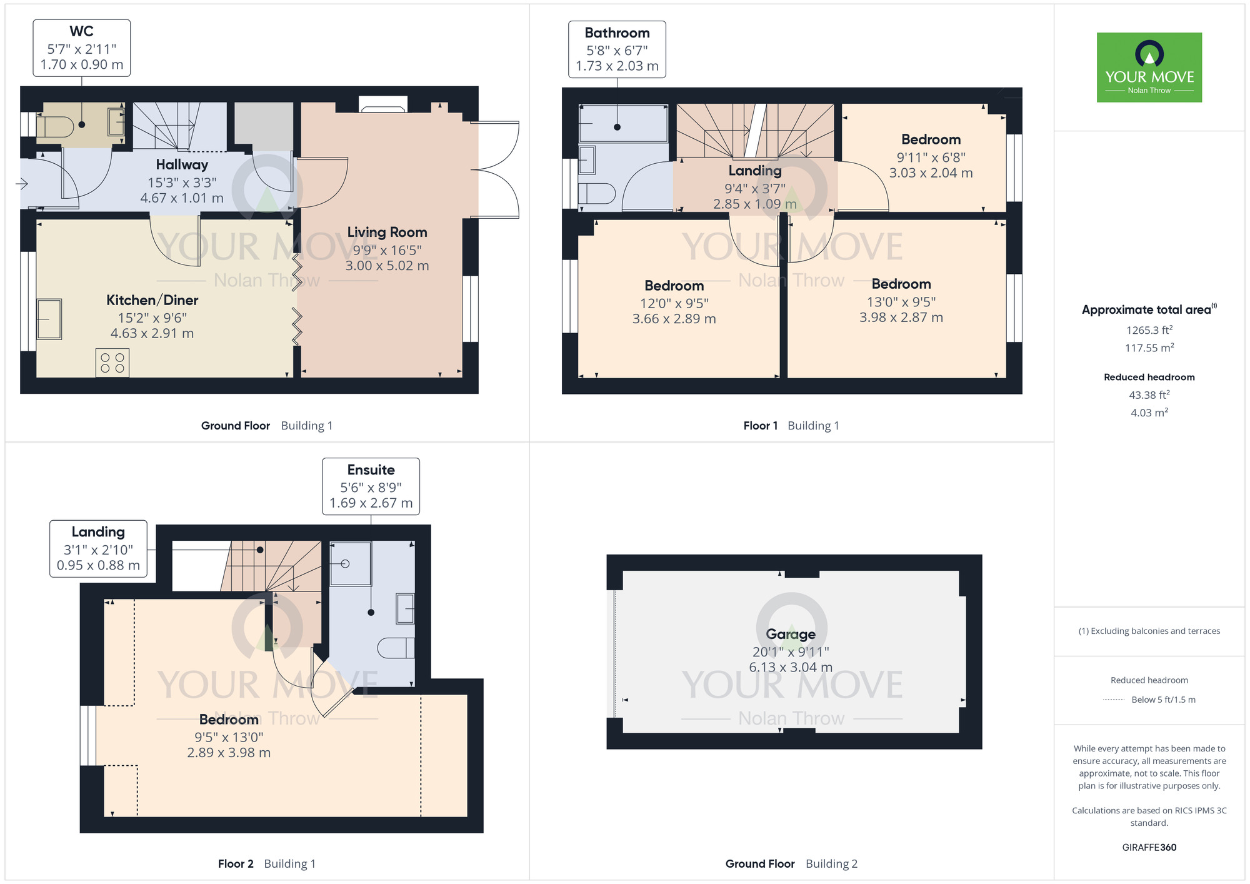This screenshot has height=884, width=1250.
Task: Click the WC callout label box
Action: coord(82,48)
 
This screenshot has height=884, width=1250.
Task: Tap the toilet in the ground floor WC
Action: coord(56,126)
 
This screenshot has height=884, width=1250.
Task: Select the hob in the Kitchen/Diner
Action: coord(112,363)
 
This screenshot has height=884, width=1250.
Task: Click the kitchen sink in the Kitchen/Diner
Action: coord(49,319)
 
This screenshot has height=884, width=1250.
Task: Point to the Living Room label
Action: coord(387,232)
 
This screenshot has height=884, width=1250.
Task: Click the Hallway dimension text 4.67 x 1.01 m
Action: coord(182,198)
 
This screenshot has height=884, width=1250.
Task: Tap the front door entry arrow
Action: coord(22,184)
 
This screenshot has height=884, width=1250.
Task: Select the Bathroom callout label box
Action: coord(617,49)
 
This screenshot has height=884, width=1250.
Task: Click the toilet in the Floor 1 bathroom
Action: coord(597,193)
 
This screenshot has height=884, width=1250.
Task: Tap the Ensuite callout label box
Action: coord(371,486)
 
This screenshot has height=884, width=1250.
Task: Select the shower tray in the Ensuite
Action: coord(351,564)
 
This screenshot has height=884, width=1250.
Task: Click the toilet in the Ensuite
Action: coord(396,648)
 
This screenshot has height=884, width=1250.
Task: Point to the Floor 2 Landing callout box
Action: coord(99,548)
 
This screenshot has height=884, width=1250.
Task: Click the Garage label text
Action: coord(791,634)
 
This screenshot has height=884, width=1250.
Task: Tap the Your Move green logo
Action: coord(1149,68)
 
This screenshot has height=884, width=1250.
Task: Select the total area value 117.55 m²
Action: coord(1149,348)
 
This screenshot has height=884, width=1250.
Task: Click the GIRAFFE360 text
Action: coord(1149,848)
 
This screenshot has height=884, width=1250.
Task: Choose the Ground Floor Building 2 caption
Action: coord(791,864)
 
